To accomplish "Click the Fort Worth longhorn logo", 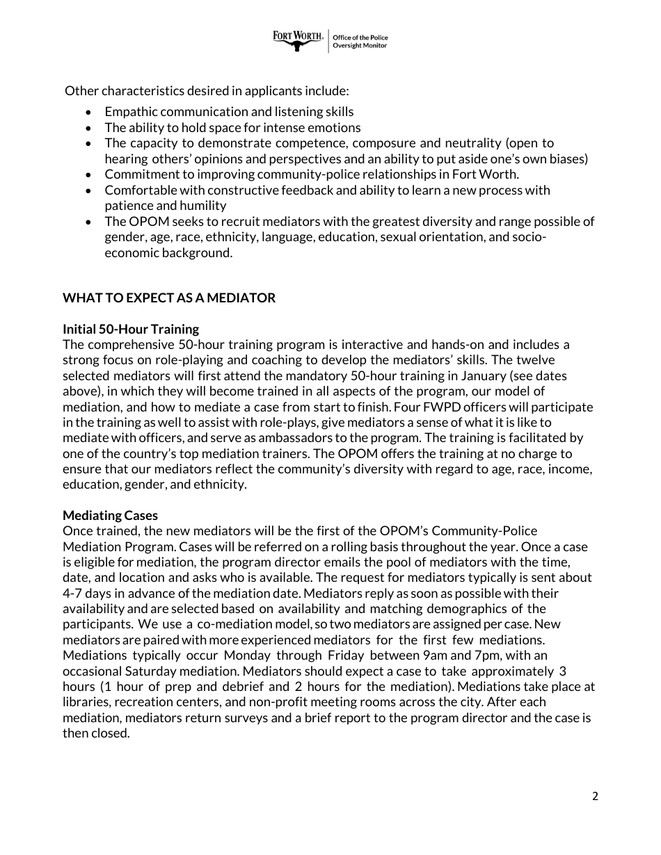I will (298, 40).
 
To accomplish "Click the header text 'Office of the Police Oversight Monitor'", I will (360, 42).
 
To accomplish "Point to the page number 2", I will (595, 797).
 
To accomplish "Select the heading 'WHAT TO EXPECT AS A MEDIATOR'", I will (169, 298).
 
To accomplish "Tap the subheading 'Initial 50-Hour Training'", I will (131, 329).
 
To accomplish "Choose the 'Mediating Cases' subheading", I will (110, 515).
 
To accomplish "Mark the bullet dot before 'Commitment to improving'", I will (88, 174).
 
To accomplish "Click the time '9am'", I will (437, 655).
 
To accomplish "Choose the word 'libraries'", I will (86, 702).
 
